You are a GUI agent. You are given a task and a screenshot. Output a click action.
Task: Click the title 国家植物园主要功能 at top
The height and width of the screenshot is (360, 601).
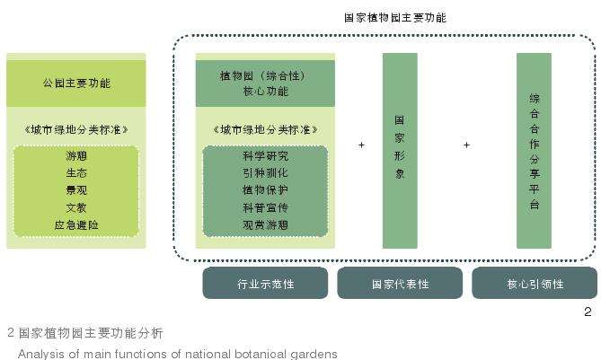(394, 17)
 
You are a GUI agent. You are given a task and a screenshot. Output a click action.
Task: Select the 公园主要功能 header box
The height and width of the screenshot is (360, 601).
(76, 83)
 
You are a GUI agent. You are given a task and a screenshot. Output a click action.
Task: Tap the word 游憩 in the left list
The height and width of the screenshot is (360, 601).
(76, 156)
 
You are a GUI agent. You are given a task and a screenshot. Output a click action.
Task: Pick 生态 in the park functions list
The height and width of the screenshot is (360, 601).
(76, 173)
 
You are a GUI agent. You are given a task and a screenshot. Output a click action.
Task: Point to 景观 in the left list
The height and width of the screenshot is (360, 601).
(76, 190)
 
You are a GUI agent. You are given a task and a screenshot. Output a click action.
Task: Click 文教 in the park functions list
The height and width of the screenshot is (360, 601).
(76, 207)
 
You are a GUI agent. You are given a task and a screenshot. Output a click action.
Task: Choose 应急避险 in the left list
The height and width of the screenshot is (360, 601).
(76, 224)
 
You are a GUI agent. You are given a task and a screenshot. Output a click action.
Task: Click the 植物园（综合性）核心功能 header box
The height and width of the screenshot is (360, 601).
(265, 83)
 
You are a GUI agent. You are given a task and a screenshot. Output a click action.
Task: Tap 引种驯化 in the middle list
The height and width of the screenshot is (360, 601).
(265, 173)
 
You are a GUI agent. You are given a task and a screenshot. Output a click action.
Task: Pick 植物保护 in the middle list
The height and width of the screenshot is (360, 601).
(265, 190)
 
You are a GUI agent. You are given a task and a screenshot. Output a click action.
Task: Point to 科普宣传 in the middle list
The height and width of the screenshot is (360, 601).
(265, 207)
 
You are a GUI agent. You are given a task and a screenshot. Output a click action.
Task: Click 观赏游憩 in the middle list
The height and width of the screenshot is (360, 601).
(265, 224)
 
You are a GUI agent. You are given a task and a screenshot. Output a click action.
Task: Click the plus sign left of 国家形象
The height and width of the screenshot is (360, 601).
(361, 145)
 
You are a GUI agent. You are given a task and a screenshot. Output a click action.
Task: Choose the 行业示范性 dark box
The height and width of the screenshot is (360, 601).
(265, 284)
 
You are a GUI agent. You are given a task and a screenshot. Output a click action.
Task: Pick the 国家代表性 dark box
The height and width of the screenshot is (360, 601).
(400, 284)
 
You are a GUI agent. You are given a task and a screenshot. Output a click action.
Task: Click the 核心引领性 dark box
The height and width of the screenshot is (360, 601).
(535, 284)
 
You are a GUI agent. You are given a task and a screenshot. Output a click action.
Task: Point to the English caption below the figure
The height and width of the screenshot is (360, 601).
(177, 353)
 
